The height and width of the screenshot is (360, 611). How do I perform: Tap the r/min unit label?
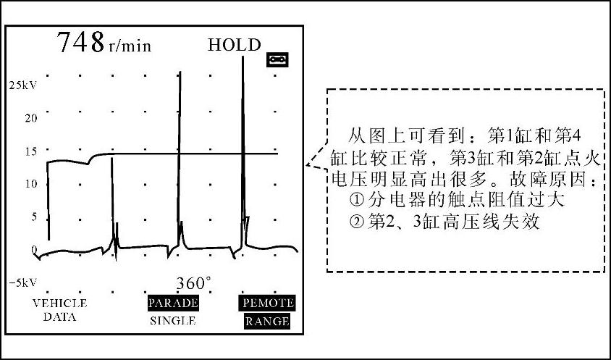[x=130, y=47]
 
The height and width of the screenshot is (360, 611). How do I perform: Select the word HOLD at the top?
[x=234, y=45]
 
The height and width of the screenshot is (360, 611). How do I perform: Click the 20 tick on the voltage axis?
[x=30, y=118]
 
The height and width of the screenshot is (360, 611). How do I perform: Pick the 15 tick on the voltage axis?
[x=30, y=151]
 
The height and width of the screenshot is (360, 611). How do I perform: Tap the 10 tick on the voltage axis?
[x=30, y=183]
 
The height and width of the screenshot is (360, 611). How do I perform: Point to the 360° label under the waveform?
[x=194, y=282]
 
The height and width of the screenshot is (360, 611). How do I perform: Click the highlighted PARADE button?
[x=173, y=303]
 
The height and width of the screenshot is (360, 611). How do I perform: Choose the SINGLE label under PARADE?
[x=173, y=320]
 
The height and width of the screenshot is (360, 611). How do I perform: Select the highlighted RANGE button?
[x=266, y=321]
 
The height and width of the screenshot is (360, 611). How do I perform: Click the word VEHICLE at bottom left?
[x=59, y=303]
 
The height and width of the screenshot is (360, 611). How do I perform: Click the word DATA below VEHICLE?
[x=59, y=317]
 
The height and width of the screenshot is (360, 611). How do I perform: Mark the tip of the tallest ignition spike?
[x=243, y=56]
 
